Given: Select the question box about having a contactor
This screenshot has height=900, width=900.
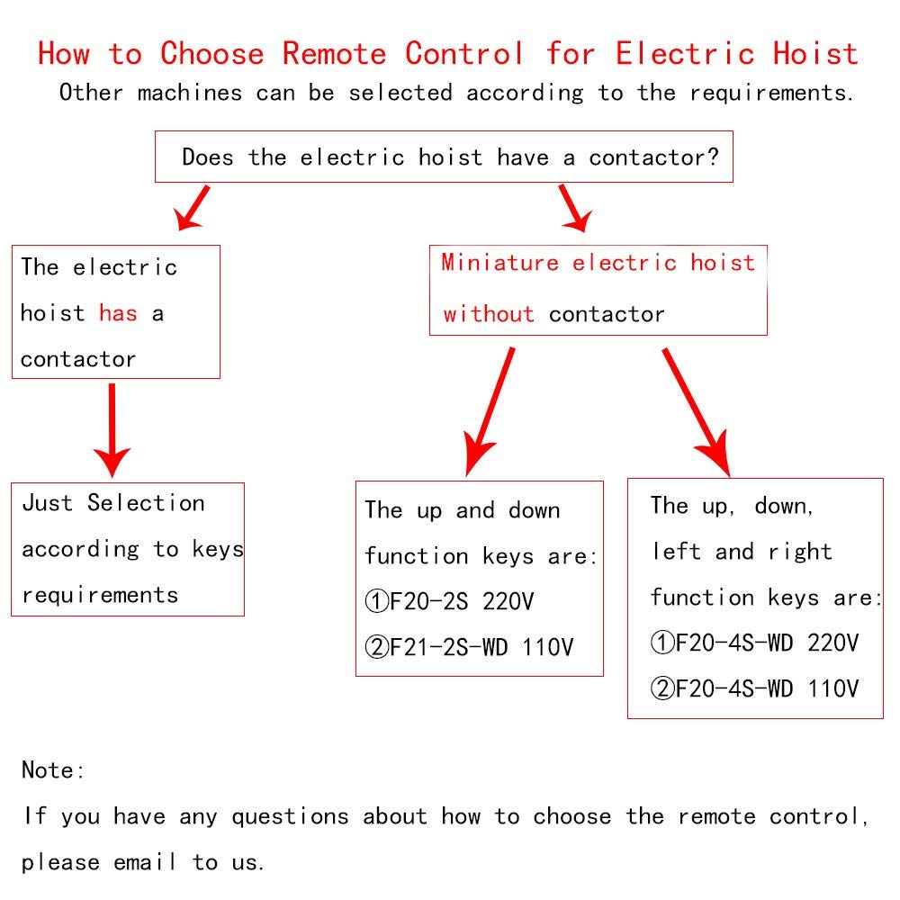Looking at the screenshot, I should [444, 157].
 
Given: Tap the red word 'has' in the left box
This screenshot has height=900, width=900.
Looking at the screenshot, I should [118, 313].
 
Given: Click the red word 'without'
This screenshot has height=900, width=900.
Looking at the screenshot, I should [489, 314].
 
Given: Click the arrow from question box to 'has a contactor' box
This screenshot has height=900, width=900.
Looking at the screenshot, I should [193, 207].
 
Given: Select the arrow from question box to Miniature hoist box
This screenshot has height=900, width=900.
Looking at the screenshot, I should [573, 207].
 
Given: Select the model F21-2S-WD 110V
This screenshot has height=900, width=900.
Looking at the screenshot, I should [468, 647].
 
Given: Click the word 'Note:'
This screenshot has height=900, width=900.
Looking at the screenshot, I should [53, 770].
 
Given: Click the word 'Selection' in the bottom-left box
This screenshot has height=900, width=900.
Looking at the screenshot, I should [146, 503].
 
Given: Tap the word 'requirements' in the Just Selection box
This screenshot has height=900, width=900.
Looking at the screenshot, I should [100, 595].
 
